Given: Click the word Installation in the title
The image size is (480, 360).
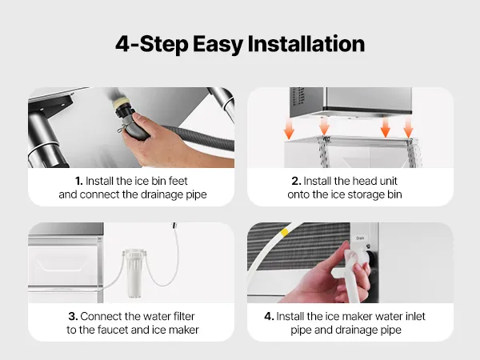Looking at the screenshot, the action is click(306, 44).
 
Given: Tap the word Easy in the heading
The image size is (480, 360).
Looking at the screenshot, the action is click(218, 45).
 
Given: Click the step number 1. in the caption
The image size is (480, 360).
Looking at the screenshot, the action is click(79, 181).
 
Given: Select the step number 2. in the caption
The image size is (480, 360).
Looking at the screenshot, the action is click(296, 181).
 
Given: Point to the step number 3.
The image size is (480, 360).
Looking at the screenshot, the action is click(73, 316).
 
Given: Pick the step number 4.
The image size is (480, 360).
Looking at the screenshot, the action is click(269, 316).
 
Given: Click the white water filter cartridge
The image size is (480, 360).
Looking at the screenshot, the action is click(134, 274).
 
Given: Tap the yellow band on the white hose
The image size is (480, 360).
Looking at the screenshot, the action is click(285, 232).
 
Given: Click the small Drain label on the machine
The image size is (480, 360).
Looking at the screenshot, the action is click(360, 238).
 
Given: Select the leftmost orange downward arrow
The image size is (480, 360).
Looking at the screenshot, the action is click(289, 129).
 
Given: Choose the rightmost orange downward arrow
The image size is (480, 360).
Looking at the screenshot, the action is click(408, 127).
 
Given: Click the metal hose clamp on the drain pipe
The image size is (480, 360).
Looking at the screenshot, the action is click(123, 126).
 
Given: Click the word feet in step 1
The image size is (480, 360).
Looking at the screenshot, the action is click(178, 181).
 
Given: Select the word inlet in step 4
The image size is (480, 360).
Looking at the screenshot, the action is click(414, 316).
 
